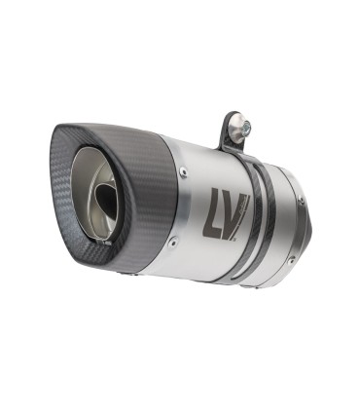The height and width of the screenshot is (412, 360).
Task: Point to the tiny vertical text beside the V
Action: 250,206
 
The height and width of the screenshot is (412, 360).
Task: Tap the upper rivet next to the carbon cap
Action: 184,173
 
